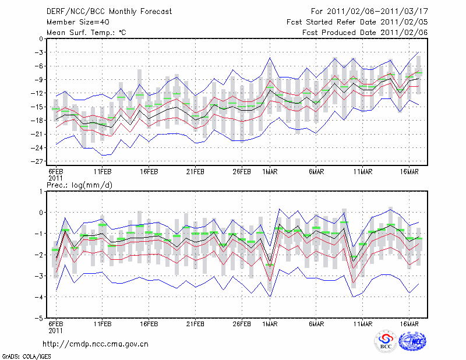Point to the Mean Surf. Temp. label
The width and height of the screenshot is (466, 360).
pos(86,33)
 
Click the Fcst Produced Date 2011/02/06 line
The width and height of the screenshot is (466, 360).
pos(366,33)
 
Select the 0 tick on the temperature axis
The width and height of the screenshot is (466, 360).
pos(41,39)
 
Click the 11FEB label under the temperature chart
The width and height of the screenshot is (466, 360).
pos(103,172)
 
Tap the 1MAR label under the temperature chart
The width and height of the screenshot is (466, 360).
pos(270,172)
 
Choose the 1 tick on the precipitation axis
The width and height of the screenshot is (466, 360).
pos(41,191)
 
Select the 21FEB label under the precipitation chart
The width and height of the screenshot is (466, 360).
pos(196,323)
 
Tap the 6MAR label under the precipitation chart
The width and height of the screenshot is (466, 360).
pos(316,323)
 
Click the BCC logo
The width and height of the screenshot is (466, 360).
pos(385,343)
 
